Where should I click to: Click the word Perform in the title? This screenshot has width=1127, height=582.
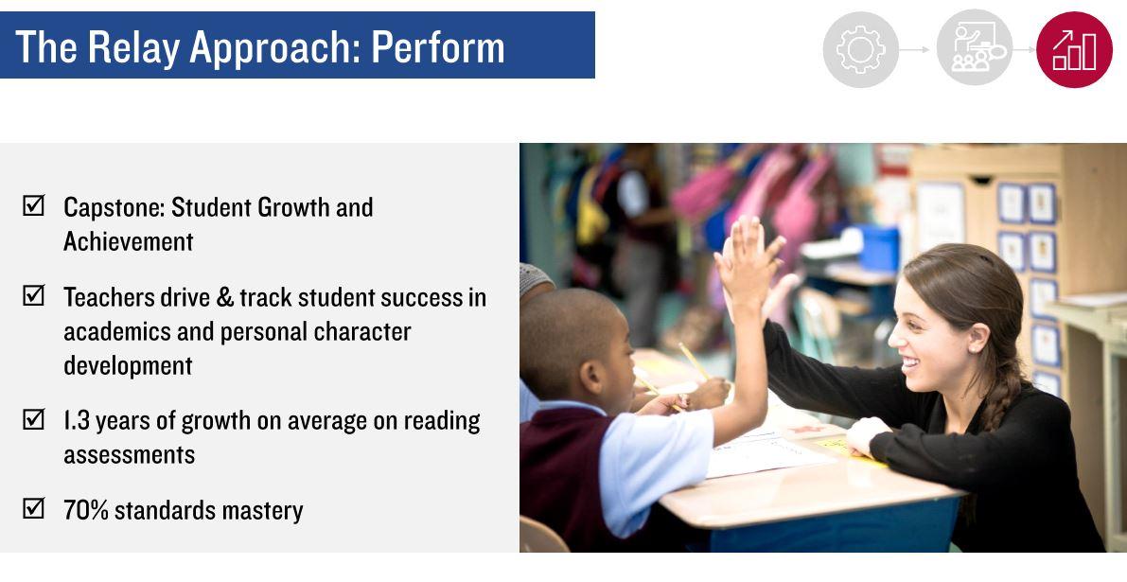438,48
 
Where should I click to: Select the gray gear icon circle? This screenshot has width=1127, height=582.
860,49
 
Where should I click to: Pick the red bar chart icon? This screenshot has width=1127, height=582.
1074,49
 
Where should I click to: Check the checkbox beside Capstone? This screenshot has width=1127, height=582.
33,205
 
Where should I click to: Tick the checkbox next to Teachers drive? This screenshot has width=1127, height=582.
33,295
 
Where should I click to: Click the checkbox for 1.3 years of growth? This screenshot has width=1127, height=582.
33,419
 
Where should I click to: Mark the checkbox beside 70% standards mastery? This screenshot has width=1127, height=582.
33,508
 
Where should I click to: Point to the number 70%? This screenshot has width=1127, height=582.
85,510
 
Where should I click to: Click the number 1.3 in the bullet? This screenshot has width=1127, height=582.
77,421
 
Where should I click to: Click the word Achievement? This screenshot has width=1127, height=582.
128,242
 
